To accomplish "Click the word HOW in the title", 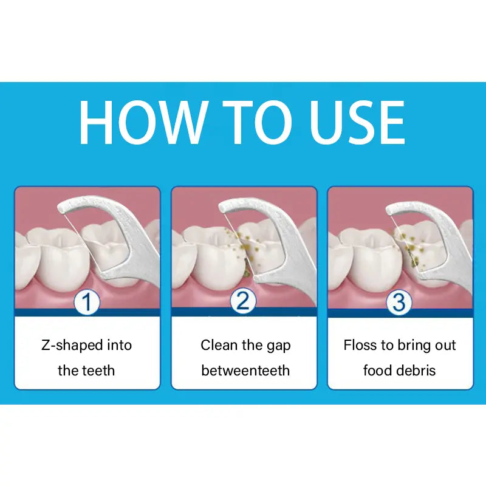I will [x=143, y=122].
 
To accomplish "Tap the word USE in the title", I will [x=353, y=122].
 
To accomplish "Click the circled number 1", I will [x=87, y=302].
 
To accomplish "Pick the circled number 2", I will [x=243, y=302].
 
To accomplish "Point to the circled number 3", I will [x=399, y=302].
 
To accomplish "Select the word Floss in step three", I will [x=361, y=346].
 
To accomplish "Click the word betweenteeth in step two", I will [x=245, y=371].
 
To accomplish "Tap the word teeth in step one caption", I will [x=98, y=371].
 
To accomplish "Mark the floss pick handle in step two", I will [x=292, y=255].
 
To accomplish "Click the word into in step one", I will [x=118, y=346].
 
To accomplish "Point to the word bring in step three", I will [x=414, y=346].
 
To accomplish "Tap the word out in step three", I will [x=445, y=346].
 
